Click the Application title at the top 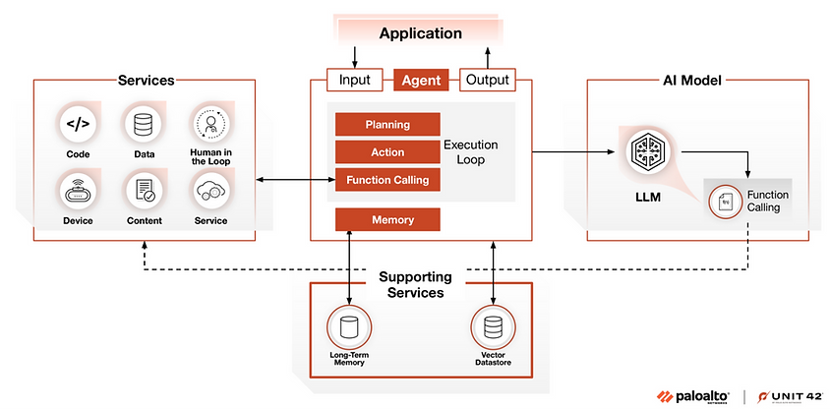(420, 33)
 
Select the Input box (354, 80)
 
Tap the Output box (487, 80)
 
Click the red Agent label (422, 80)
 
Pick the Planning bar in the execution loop (386, 125)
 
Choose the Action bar (386, 152)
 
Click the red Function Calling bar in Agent (386, 180)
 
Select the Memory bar (386, 219)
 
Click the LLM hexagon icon (645, 151)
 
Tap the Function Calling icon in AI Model (726, 203)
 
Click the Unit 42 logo (788, 395)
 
